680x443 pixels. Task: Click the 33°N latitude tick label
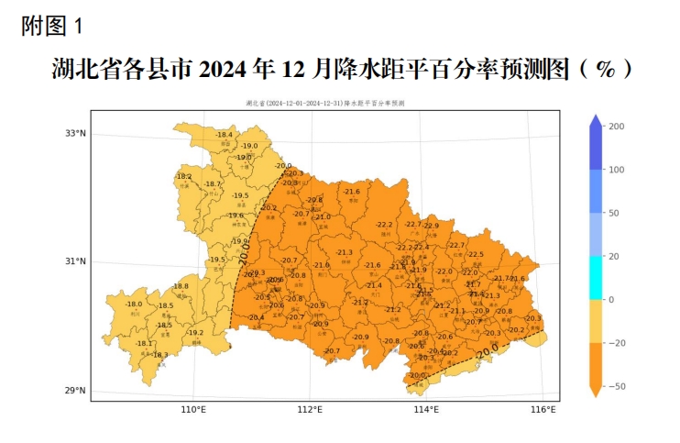(x=75, y=133)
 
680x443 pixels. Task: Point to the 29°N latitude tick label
(x=75, y=392)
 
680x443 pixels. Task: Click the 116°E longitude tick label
(x=543, y=409)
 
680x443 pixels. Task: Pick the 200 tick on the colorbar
(x=617, y=127)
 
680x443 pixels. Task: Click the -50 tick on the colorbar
(x=617, y=386)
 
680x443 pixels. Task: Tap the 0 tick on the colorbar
(x=611, y=300)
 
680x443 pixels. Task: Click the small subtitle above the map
(x=325, y=104)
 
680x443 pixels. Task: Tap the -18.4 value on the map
(x=225, y=135)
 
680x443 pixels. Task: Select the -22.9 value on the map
(x=431, y=225)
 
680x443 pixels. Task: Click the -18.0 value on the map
(x=134, y=304)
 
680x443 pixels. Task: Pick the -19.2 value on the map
(x=195, y=332)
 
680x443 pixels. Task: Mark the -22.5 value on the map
(x=476, y=254)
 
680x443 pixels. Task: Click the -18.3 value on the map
(x=159, y=354)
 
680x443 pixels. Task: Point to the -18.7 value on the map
(x=213, y=183)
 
